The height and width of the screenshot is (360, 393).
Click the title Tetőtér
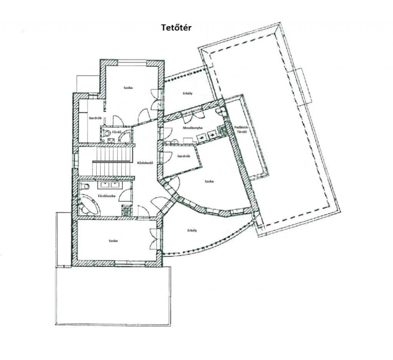point(176,28)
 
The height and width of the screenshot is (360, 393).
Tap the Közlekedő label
point(145,163)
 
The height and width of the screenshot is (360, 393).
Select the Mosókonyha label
point(193,128)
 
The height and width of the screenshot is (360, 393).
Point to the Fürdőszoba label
point(107,196)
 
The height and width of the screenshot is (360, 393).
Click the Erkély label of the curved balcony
point(192,230)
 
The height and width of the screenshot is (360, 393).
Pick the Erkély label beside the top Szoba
point(188,93)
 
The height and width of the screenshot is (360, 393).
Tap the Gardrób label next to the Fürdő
point(95,118)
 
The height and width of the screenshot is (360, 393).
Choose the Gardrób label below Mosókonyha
point(183,156)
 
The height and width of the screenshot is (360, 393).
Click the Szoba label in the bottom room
point(113,241)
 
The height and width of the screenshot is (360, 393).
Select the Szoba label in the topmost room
point(128,88)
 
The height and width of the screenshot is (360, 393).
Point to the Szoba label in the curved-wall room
point(209,181)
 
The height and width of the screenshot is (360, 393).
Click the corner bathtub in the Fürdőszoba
point(89,204)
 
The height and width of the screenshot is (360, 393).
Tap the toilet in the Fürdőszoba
point(85,186)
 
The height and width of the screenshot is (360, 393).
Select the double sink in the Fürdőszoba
point(110,185)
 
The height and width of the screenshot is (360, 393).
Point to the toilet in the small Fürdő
point(107,133)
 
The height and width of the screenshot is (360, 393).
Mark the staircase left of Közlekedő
point(112,162)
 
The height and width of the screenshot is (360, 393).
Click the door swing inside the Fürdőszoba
point(126,195)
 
